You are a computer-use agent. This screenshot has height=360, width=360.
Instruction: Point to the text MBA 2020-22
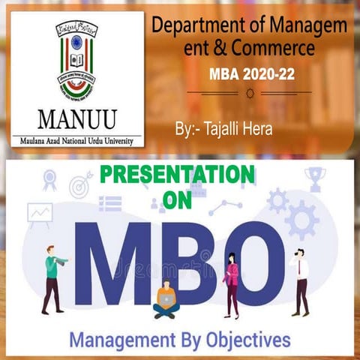click(x=248, y=76)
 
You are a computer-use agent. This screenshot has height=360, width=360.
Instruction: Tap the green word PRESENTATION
click(x=177, y=175)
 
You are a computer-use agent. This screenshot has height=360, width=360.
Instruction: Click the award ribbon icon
click(x=50, y=180)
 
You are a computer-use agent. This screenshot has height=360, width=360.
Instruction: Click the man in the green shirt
click(x=52, y=277)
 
